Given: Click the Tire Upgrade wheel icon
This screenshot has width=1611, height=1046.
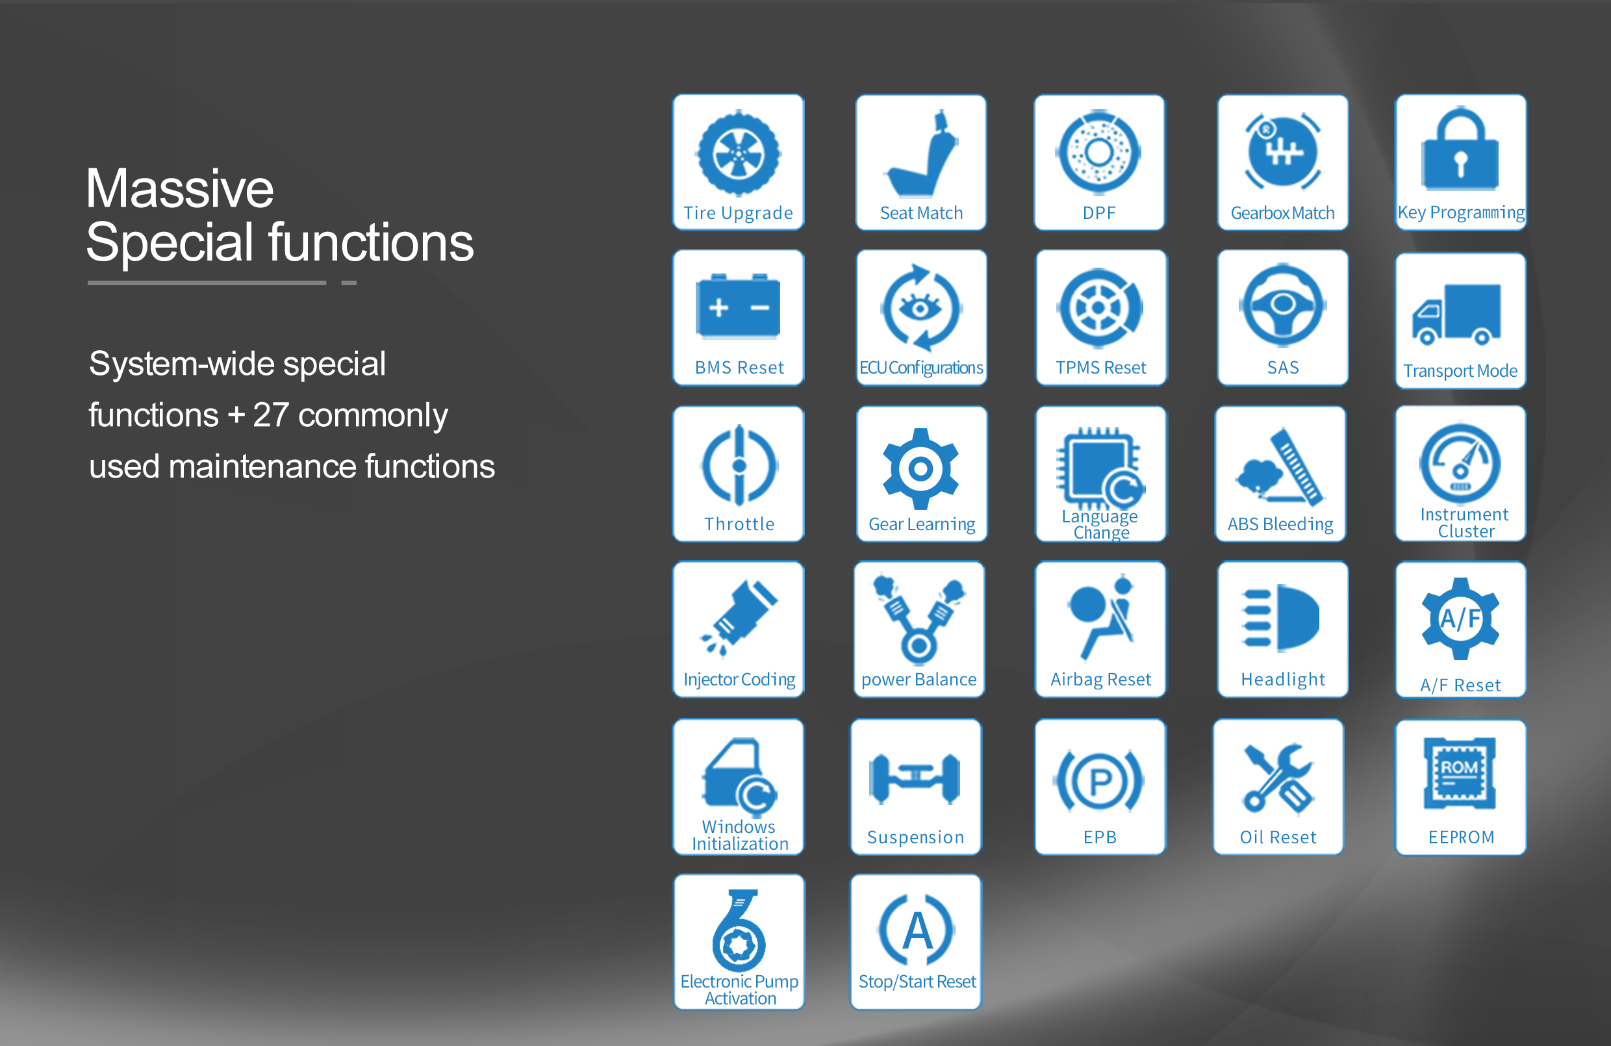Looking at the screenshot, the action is [x=739, y=154].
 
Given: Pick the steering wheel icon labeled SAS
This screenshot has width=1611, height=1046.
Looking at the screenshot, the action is [x=1282, y=305].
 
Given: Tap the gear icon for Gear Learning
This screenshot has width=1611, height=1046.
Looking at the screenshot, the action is [x=920, y=468].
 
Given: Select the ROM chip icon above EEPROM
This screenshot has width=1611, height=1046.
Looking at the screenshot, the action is [x=1460, y=774].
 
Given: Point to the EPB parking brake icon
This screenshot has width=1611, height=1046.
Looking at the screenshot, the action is [x=1099, y=782].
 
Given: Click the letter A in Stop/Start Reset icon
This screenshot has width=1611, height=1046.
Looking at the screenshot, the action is [x=917, y=930].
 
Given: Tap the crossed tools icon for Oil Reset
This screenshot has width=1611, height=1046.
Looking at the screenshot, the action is [x=1277, y=778].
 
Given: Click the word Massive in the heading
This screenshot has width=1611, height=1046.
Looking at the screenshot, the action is [x=179, y=189].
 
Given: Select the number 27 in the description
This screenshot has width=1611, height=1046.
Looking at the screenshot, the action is [x=271, y=415].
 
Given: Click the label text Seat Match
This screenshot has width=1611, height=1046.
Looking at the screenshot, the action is [x=921, y=213].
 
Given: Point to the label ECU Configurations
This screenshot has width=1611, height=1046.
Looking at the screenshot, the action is [x=921, y=368].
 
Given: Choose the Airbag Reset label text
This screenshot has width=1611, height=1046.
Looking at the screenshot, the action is [x=1100, y=680].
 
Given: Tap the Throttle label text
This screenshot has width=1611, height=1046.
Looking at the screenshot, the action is [x=739, y=524].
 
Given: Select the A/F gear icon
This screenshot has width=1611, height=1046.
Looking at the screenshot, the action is [x=1460, y=618].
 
